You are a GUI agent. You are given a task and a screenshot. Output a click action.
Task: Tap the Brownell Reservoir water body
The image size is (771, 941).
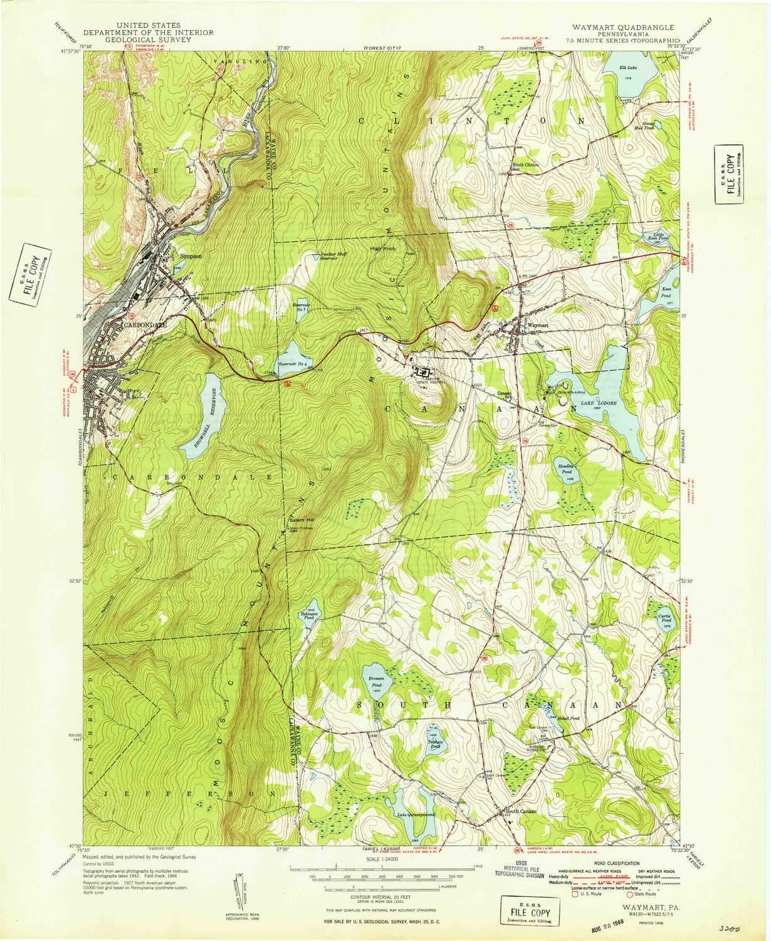pos(201,415)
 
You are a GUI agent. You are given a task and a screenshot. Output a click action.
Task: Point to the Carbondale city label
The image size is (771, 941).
pos(145,325)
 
